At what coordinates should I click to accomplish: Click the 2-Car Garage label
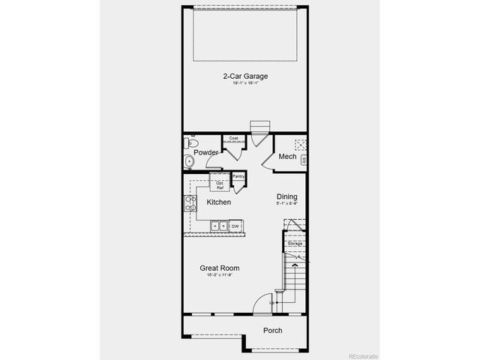coord(245,76)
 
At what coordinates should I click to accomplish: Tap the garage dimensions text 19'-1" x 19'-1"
coord(245,85)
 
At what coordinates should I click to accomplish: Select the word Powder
coord(205,153)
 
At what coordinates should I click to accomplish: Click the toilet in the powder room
coord(191,142)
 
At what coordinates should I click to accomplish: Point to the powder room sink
coord(189,163)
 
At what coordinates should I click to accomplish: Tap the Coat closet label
coord(233,138)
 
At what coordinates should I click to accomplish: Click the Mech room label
coord(287,157)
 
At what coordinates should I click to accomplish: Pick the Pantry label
coord(239,176)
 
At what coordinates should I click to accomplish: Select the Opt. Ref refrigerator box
coord(220,184)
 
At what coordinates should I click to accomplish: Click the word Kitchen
coord(219,202)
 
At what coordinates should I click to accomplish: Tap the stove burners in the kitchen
coord(188,204)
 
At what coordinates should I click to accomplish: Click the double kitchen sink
coord(218,226)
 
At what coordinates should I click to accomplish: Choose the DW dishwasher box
coord(235,226)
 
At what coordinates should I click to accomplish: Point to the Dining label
coord(286,197)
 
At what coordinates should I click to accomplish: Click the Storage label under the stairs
coord(295,244)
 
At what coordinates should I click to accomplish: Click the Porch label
coord(272,331)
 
